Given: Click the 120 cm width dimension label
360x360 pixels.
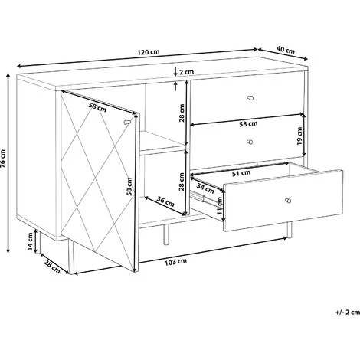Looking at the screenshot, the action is point(149,52).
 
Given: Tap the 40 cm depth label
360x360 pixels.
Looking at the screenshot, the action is point(286,50).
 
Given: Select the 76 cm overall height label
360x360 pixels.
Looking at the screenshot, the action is point(3,159).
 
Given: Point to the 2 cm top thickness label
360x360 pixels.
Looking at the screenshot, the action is point(186,72).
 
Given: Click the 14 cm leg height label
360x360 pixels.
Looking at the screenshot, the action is point(30,241).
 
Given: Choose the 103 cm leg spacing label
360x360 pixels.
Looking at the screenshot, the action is point(175,262).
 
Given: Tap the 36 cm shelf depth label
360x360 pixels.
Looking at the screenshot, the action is point(165,201).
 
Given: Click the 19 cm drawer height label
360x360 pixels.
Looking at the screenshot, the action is point(299,136).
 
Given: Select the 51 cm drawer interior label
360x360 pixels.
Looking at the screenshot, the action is point(241,173).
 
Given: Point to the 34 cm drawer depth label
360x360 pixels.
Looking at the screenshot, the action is point(205,188).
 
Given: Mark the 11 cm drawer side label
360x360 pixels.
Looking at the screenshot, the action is point(220,205).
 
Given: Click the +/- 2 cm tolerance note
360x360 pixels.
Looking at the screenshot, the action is point(348,312).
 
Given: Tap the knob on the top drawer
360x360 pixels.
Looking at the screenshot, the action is point(251,97).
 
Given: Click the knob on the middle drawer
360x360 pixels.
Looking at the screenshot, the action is point(250,142).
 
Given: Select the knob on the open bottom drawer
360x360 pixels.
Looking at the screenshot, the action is point(288,201).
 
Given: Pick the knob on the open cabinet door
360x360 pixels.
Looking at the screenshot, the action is point(127,121).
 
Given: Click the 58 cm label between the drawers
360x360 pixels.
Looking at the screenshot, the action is point(248,124).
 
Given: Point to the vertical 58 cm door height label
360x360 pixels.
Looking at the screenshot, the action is point(130,186).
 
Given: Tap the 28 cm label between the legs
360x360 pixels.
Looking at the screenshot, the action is point(52,267).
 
